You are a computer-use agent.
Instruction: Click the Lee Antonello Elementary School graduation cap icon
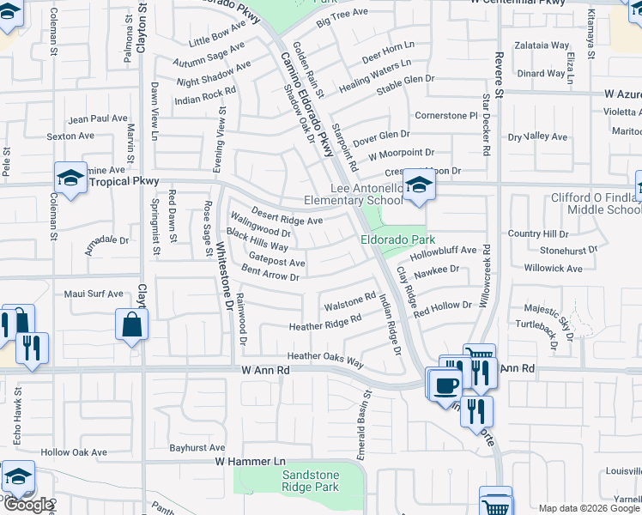[x=417, y=184]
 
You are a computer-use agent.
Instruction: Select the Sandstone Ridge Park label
[x=311, y=481]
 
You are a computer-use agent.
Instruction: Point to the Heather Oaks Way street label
[x=325, y=357]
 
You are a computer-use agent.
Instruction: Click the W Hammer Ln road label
[x=249, y=462]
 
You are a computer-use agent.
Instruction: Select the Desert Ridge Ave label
[x=287, y=215]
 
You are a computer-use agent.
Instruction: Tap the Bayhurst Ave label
[x=197, y=447]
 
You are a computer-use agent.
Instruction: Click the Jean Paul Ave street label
[x=98, y=119]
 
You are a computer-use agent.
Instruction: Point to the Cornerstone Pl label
[x=445, y=115]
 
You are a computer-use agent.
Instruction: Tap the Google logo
[x=28, y=505]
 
